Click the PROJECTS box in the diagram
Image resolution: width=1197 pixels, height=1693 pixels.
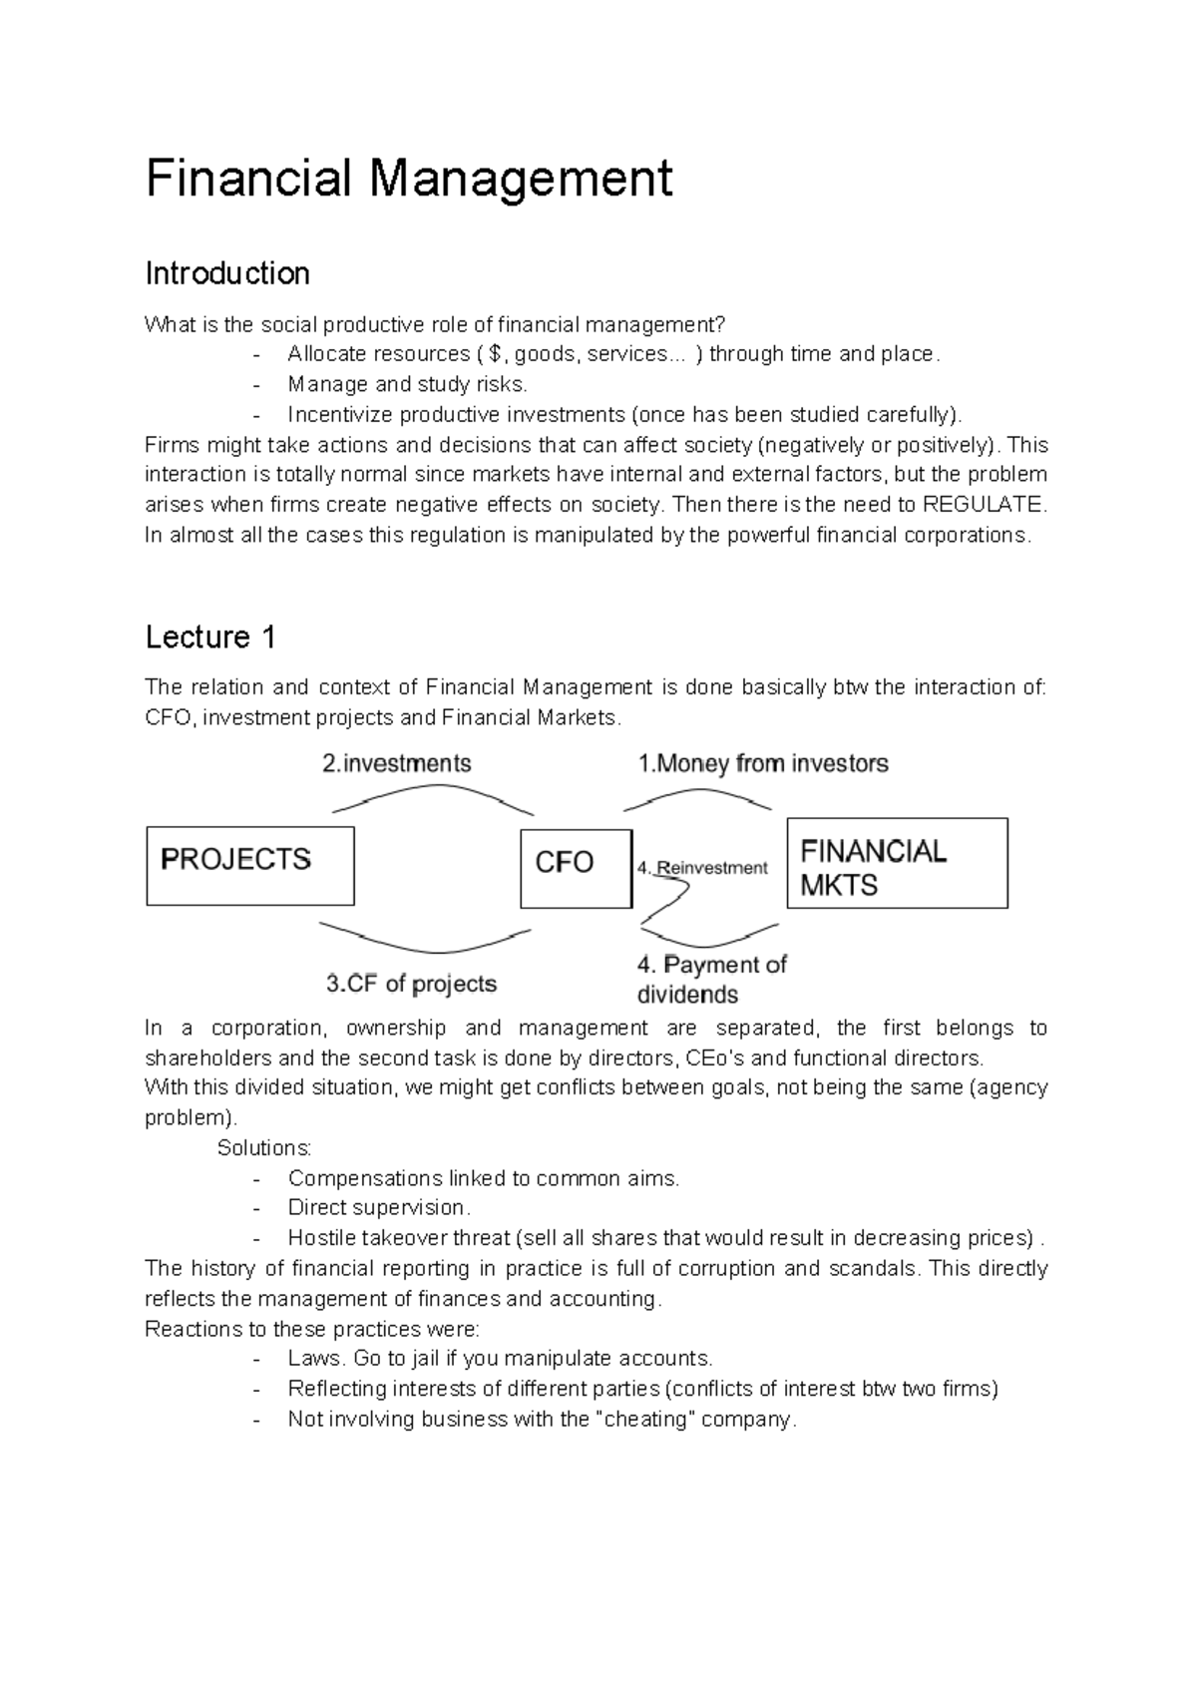point(249,865)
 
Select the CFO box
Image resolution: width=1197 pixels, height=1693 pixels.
point(576,868)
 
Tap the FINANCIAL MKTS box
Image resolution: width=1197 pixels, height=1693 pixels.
point(897,863)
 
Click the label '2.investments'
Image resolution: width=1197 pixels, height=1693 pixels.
point(396,764)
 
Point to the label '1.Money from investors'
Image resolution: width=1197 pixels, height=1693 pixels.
point(763,764)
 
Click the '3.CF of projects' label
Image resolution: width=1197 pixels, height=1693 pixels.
point(411,984)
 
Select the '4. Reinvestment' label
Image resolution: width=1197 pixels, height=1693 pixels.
point(702,868)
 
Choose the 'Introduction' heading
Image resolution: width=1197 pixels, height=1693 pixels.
point(227,273)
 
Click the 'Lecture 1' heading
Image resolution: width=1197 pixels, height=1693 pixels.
point(210,636)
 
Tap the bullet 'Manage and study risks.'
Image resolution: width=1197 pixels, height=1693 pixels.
point(407,384)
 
